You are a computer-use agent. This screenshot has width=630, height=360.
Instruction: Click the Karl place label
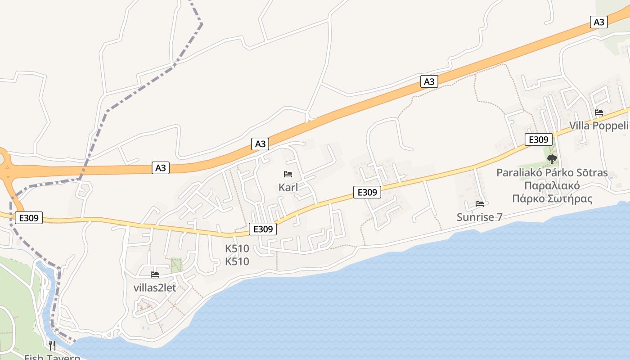(288, 187)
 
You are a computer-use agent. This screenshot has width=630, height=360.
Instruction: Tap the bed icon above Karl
(288, 174)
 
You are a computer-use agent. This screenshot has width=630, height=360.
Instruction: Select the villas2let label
(155, 288)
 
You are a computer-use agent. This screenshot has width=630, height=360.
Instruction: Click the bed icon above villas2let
(155, 274)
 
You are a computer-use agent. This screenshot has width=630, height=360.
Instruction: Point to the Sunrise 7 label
(479, 217)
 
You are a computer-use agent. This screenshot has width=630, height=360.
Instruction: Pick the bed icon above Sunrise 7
(479, 204)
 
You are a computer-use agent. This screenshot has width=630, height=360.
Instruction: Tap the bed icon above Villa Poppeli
(598, 112)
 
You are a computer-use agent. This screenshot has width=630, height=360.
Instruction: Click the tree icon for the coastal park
(552, 159)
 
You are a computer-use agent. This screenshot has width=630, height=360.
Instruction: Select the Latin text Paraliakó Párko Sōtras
(552, 173)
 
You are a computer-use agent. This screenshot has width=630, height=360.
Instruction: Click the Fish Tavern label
(52, 357)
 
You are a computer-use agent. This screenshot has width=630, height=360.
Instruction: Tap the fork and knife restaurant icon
(52, 345)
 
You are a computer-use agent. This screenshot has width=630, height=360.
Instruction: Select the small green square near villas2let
(176, 265)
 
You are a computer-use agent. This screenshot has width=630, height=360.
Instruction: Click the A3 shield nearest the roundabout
(161, 168)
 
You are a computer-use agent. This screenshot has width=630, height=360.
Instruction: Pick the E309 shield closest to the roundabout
(29, 218)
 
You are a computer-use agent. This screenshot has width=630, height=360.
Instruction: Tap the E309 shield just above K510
(263, 229)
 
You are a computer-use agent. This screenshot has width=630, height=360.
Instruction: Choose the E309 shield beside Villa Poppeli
(538, 139)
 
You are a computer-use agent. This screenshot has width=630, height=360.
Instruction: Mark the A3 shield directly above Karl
(261, 144)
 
